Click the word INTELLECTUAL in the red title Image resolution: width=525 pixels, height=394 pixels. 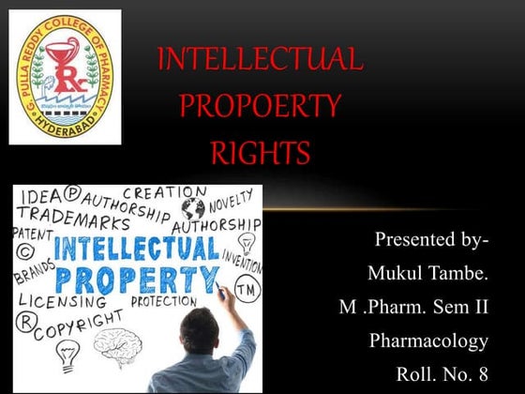260,61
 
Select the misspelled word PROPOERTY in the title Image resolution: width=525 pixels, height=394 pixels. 260,105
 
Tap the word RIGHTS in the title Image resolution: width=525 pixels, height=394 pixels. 260,149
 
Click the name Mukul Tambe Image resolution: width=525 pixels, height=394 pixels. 427,274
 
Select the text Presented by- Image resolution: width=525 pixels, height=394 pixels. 431,240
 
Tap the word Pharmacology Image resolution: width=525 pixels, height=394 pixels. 429,341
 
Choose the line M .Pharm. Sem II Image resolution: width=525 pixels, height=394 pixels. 412,307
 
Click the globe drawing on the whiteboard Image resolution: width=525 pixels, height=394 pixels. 193,207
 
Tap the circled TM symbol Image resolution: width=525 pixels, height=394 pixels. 246,287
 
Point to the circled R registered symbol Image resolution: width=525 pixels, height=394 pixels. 22,318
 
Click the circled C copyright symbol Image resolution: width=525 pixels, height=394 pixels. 24,253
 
